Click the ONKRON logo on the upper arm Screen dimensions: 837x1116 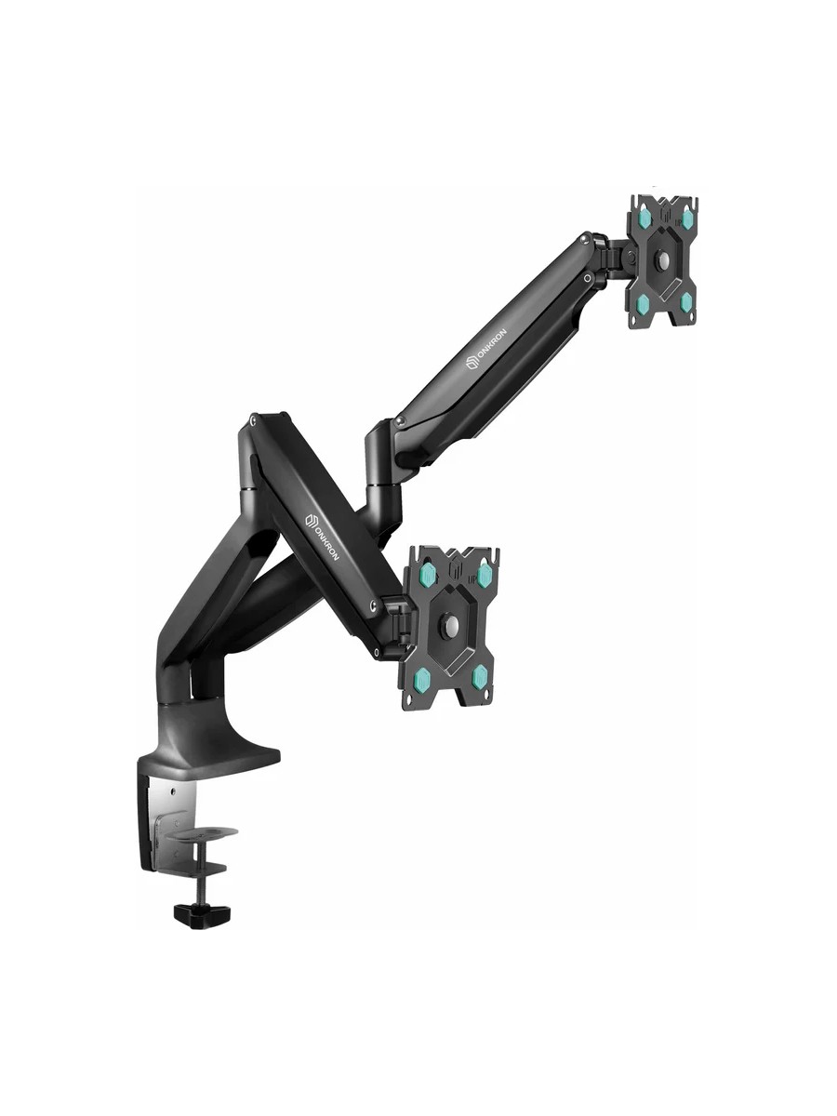tap(485, 347)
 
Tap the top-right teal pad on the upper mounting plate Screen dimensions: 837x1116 tap(687, 219)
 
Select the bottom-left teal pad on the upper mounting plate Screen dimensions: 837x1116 tap(644, 303)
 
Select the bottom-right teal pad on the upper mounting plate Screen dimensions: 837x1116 tap(686, 302)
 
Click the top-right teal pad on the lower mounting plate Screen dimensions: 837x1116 tap(484, 574)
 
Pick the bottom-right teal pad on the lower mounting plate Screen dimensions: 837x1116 tap(480, 676)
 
